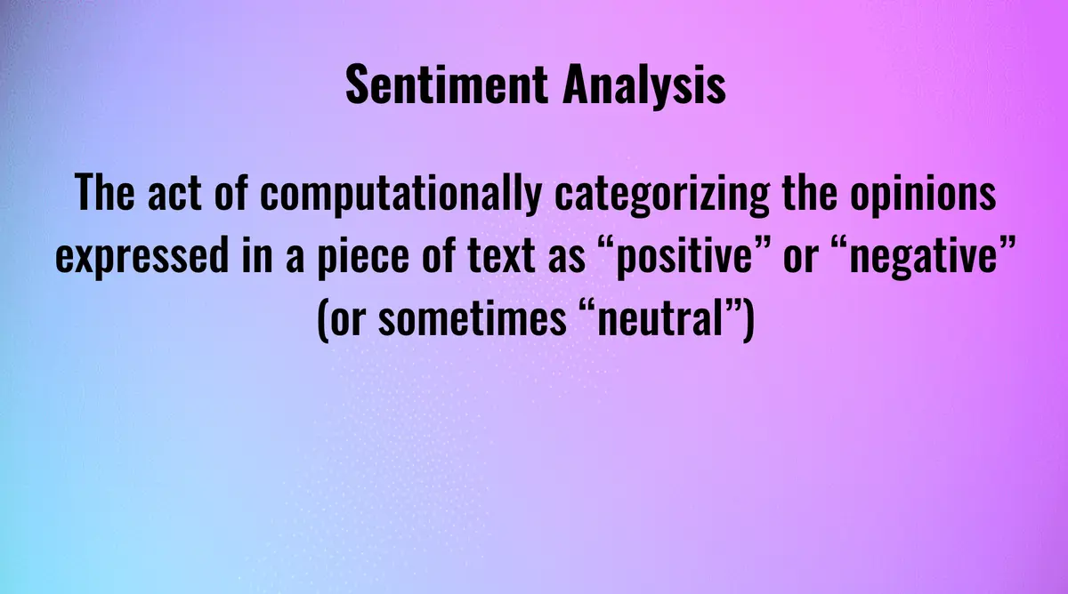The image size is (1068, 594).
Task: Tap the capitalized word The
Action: click(105, 194)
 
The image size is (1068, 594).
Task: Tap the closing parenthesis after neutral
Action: click(746, 320)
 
